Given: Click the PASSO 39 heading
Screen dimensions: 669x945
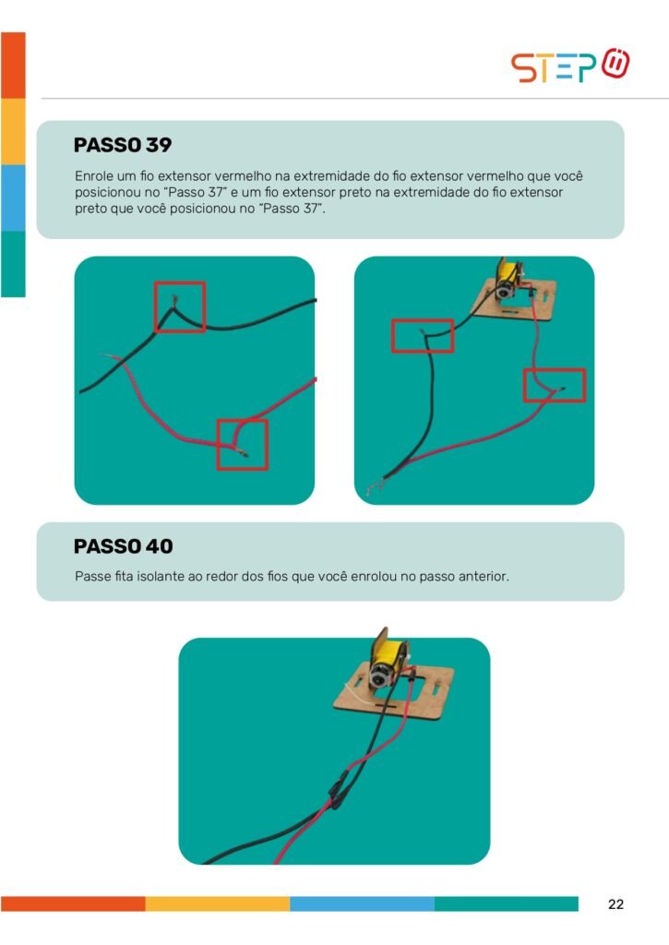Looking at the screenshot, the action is (x=123, y=145).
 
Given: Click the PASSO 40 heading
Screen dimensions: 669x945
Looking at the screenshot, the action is (x=123, y=546).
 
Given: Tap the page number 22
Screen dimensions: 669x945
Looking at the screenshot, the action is (x=616, y=904).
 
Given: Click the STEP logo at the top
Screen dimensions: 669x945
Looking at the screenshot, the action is (x=570, y=66).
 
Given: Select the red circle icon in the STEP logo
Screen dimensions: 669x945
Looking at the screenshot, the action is (x=615, y=63).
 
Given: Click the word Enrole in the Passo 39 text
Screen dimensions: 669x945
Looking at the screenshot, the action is (x=94, y=176).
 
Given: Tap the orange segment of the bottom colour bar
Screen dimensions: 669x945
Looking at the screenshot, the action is (x=73, y=903).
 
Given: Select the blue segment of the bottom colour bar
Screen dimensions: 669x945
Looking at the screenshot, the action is (x=362, y=903).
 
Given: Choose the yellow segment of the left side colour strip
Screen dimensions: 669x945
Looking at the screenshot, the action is (x=13, y=131).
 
